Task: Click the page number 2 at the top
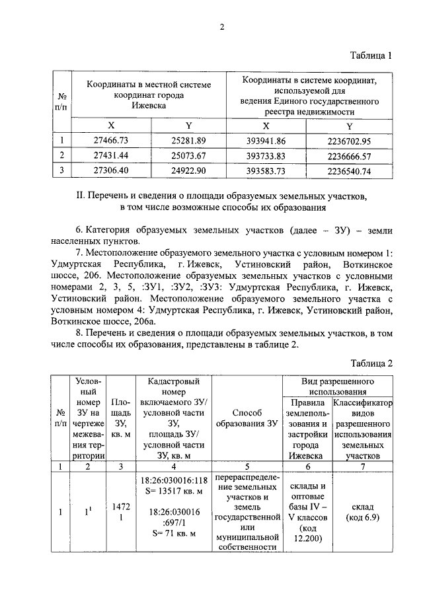222,27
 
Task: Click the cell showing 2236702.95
349,140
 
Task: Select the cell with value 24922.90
189,170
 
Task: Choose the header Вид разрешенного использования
336,387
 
